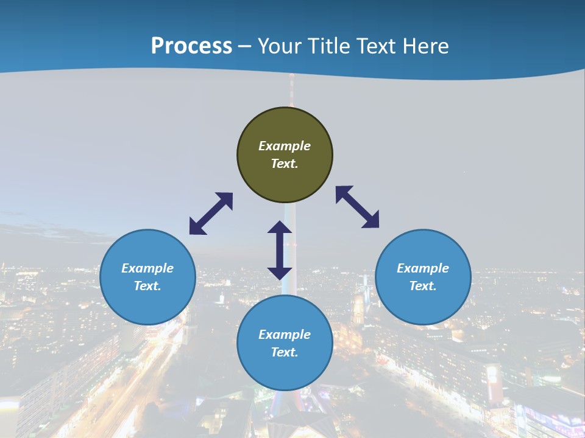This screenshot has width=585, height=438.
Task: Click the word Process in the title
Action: tap(191, 46)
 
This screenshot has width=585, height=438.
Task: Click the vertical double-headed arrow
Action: tap(280, 250)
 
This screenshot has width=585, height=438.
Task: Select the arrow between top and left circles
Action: tap(211, 214)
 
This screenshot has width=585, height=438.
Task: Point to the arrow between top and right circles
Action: tap(358, 207)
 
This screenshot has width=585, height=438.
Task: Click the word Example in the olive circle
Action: tap(285, 146)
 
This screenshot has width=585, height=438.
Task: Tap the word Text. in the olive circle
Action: tap(285, 164)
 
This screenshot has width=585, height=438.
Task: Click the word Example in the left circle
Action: tap(147, 268)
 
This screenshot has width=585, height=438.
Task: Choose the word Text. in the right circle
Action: tap(423, 286)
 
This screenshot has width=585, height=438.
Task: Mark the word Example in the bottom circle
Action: tap(285, 335)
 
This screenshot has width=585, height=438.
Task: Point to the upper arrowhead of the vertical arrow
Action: tap(280, 227)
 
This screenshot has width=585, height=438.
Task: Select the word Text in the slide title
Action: tap(377, 46)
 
